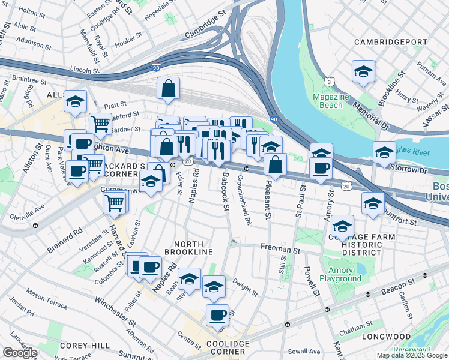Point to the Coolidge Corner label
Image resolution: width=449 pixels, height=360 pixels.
click(x=223, y=347)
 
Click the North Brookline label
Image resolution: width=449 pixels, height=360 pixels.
click(x=193, y=248)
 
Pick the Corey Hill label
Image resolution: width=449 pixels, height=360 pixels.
click(x=85, y=346)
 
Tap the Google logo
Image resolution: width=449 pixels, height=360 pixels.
click(x=20, y=352)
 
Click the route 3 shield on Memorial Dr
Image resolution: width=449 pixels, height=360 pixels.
click(x=329, y=82)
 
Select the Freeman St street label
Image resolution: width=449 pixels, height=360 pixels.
click(x=280, y=247)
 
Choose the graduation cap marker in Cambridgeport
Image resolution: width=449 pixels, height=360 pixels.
click(x=363, y=71)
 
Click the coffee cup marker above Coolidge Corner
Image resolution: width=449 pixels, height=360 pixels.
click(x=217, y=315)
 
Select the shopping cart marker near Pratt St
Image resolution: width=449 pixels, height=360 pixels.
click(x=100, y=124)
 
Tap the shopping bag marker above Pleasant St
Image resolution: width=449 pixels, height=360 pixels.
click(x=275, y=164)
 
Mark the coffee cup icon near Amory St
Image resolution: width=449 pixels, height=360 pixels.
click(x=321, y=169)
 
